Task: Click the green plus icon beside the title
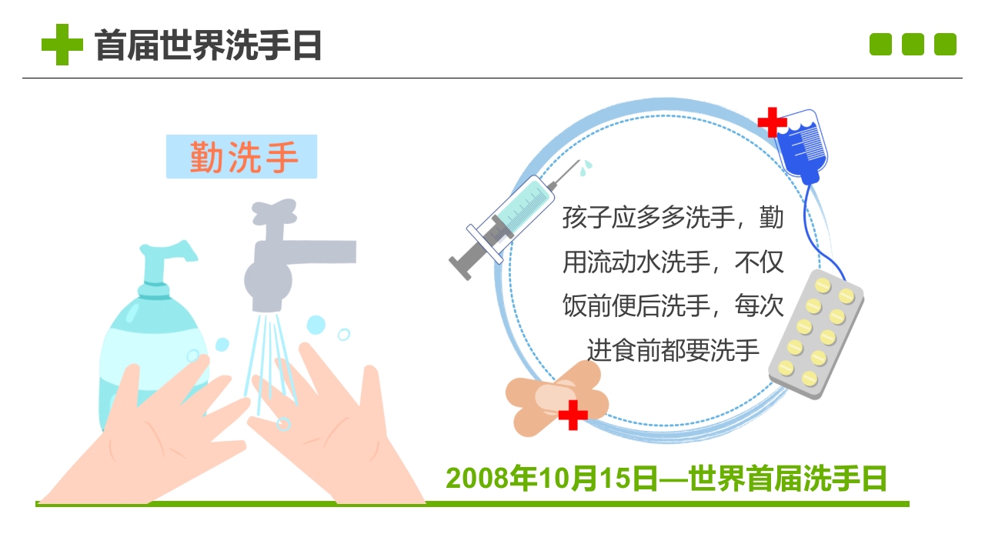(62, 45)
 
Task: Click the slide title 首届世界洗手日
(208, 45)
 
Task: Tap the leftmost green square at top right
(880, 45)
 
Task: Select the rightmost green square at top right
(945, 45)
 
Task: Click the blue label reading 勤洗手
(242, 157)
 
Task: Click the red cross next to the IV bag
(772, 122)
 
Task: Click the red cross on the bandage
(573, 415)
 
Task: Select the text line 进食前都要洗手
(673, 350)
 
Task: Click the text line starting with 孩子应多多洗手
(673, 218)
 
